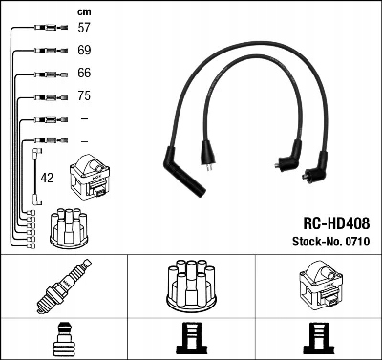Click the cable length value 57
point(84,28)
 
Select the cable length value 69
point(84,51)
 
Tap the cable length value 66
point(84,73)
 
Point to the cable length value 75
point(84,95)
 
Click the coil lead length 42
point(47,178)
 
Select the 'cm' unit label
point(84,12)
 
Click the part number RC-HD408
point(336,223)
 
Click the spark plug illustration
point(64,286)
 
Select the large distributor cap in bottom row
point(191,286)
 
